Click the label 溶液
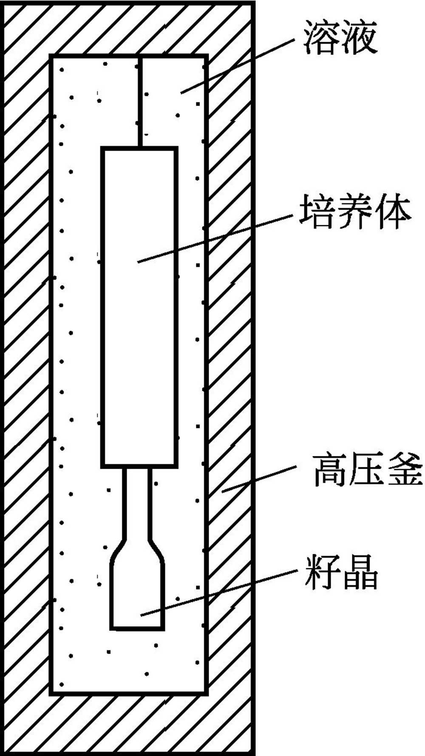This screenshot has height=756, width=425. click(340, 40)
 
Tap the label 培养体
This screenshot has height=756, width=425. click(355, 212)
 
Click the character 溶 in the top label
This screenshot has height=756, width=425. click(321, 40)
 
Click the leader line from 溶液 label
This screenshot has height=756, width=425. click(238, 66)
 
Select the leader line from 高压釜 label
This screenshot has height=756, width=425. click(259, 479)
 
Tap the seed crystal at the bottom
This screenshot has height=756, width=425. click(137, 596)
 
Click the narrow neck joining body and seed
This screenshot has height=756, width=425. click(137, 502)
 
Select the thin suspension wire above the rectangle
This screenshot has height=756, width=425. click(139, 102)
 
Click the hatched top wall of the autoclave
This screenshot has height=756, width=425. click(127, 28)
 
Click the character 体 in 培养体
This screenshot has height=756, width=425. click(393, 212)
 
